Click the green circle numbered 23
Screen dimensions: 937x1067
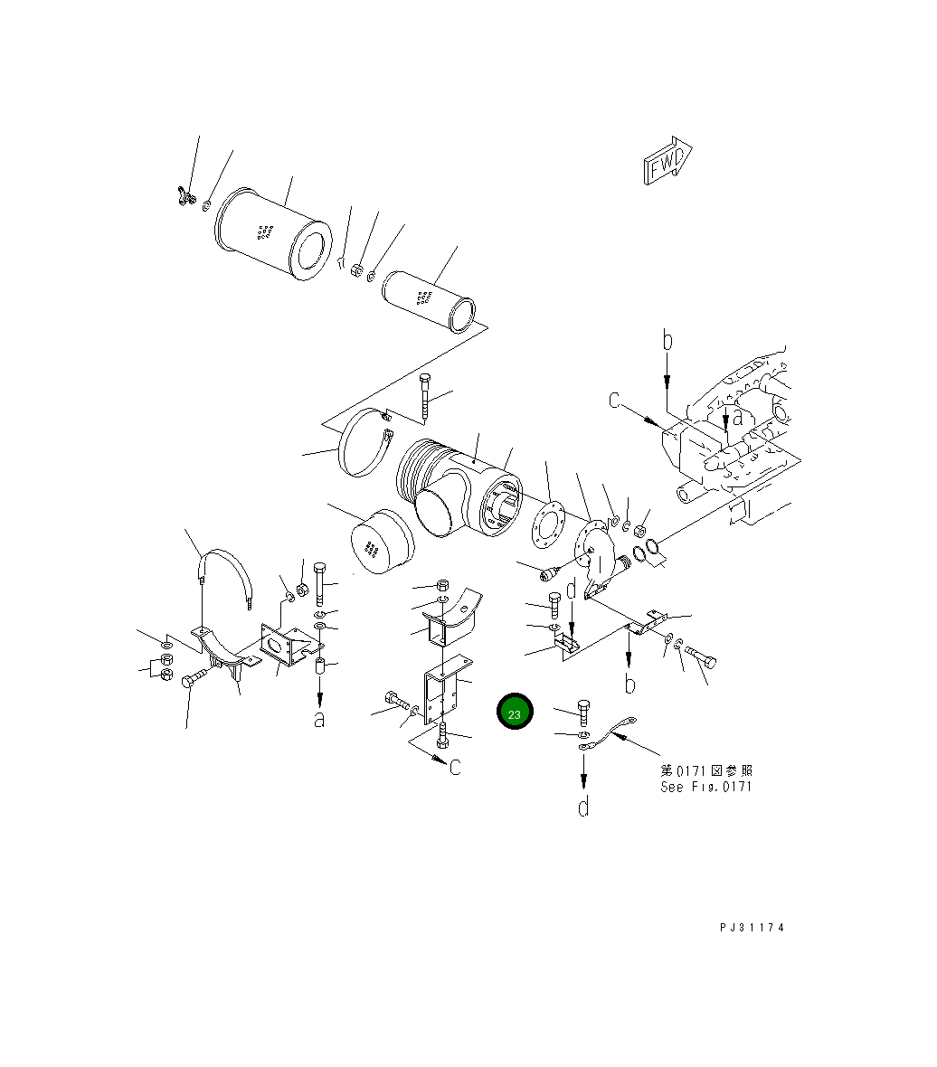(515, 711)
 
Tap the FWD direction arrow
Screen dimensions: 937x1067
(667, 160)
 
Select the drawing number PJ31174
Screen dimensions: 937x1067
(752, 927)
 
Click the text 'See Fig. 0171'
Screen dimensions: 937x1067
(705, 787)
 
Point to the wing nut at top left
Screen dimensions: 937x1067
(182, 194)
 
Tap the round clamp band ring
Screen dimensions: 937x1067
(365, 444)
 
